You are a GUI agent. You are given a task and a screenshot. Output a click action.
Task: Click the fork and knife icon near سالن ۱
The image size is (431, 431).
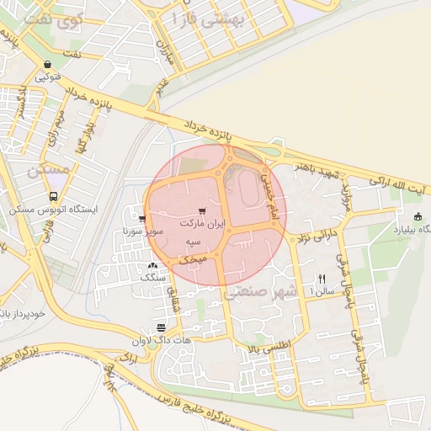(x=321, y=279)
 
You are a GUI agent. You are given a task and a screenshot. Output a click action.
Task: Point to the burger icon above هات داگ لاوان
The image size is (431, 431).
(x=161, y=327)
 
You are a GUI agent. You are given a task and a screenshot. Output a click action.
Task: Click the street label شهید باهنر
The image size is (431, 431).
(x=319, y=173)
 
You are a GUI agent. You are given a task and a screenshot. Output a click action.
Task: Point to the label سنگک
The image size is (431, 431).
(x=151, y=276)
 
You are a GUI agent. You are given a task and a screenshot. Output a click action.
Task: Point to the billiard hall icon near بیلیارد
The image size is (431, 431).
(x=418, y=216)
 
